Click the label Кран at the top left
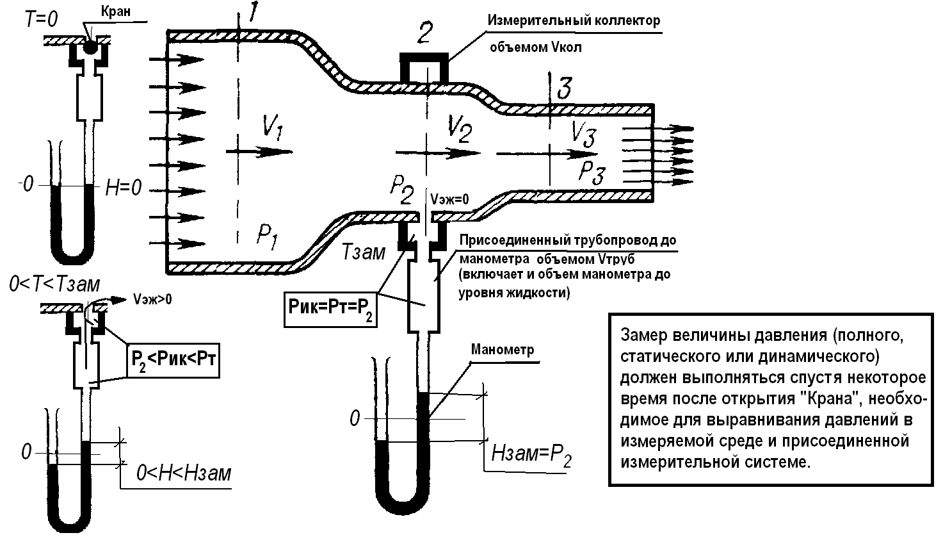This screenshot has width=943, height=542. pos(116,11)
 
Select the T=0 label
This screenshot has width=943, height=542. pos(41,19)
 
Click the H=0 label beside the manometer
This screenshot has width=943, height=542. pos(123,188)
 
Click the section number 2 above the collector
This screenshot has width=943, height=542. pos(425,33)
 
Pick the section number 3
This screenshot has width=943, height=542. pos(565,88)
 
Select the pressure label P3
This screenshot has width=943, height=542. pos(592,172)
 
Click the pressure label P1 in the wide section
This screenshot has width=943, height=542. pos(267,237)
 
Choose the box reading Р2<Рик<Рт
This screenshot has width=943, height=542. pos(173,361)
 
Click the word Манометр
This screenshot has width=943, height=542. pos(503,350)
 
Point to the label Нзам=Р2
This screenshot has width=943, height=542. pos(531,456)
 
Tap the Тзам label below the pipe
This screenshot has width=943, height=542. pos(363,252)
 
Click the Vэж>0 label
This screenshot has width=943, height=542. pos(152,299)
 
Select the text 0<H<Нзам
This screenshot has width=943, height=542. pos(184,473)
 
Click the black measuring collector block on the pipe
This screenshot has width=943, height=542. pos(424,66)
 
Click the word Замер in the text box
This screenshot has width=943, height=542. pos(644,335)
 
